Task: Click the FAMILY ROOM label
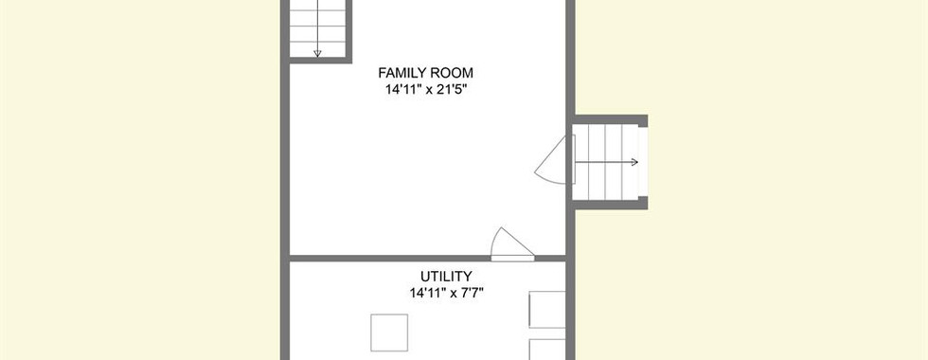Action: pos(425,74)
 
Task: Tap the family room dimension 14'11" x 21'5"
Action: pos(425,90)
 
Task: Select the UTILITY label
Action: pos(446,277)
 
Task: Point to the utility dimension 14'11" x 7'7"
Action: pos(446,293)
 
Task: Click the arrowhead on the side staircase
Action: pos(634,162)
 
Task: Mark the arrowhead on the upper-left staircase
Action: pos(317,54)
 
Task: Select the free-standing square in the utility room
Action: pos(389,333)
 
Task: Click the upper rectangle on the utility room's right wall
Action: pos(547,309)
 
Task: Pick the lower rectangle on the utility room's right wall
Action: pos(547,350)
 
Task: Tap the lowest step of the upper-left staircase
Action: pos(317,49)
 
